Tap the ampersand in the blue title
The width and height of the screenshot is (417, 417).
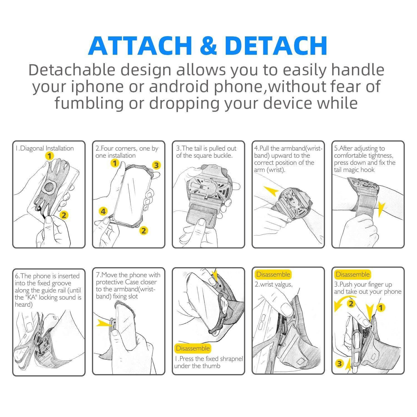[x=208, y=46]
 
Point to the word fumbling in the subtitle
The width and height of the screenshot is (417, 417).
[x=89, y=103]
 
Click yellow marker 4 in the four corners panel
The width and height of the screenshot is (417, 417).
[x=103, y=212]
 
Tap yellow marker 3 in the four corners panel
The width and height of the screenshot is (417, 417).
[x=156, y=165]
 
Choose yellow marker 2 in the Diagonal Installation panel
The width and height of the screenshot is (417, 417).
[x=64, y=215]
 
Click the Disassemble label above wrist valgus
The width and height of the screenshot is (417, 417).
[x=273, y=275]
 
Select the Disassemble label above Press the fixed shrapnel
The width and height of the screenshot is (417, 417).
[x=193, y=348]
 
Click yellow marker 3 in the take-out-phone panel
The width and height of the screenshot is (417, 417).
[x=339, y=363]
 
